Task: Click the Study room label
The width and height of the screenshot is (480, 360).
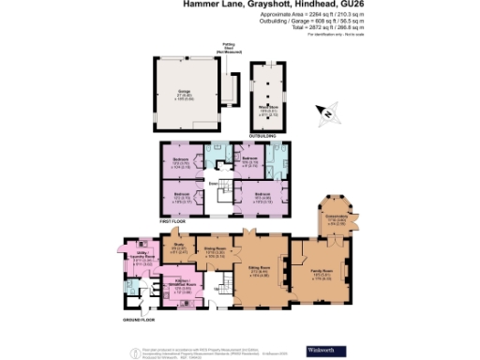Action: (181, 248)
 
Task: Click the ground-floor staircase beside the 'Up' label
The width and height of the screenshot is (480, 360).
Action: (221, 289)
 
